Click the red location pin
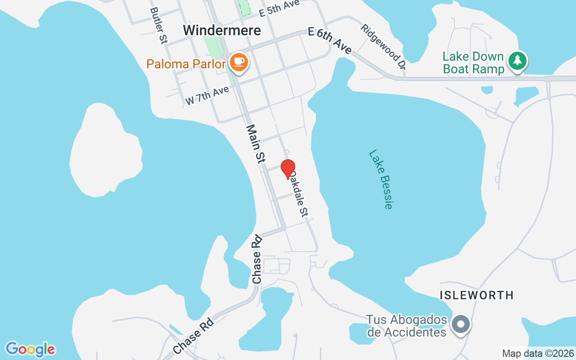288,168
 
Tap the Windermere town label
222,30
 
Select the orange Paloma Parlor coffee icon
238,62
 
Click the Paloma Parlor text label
185,64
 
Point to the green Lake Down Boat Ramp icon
517,61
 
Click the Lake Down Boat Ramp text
473,63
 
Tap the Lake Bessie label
381,179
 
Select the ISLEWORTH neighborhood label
477,295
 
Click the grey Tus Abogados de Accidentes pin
461,324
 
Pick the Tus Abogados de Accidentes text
406,326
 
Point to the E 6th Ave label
330,40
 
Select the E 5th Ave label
279,9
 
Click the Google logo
30,349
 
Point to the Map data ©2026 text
538,353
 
